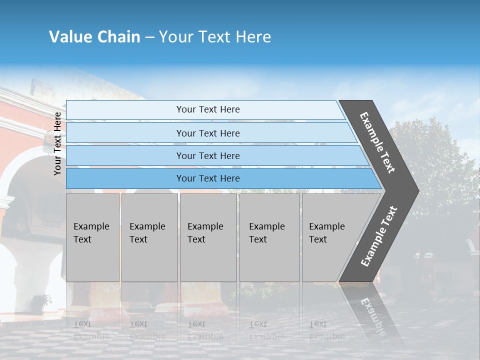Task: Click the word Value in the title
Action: point(69,37)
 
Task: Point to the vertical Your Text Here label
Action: point(57,143)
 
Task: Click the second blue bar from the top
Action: point(207,133)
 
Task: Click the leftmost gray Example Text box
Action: point(92,237)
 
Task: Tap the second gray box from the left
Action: point(149,237)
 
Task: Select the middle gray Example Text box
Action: point(208,237)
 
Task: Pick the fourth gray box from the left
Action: point(269,237)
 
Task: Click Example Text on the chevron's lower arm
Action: point(379,236)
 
